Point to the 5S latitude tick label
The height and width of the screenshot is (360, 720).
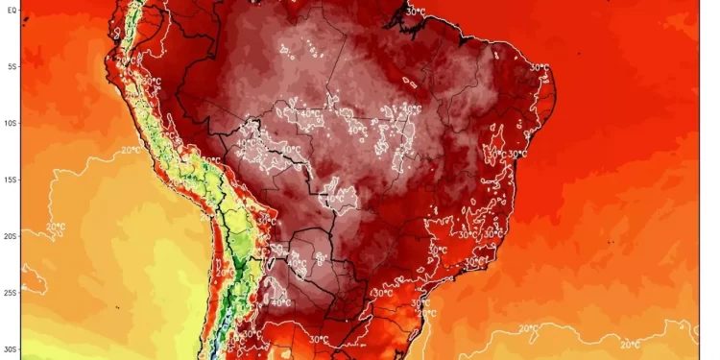12,66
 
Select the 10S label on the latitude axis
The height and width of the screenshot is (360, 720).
12,123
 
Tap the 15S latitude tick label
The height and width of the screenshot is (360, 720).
12,180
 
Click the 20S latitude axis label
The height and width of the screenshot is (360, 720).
12,235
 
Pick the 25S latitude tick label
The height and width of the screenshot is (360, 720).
12,293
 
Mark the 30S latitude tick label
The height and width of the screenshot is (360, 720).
12,349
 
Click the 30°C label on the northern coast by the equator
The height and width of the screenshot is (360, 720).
415,11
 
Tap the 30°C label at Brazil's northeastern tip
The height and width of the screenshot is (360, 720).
539,68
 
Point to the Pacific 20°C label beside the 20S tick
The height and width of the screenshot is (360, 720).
54,227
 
